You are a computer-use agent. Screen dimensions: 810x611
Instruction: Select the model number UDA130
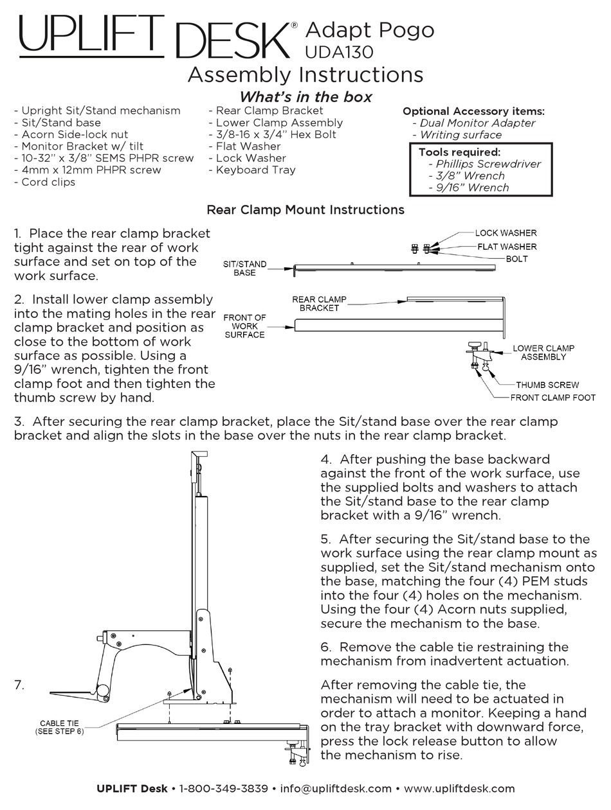pos(339,51)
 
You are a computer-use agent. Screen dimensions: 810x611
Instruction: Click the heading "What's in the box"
pos(305,97)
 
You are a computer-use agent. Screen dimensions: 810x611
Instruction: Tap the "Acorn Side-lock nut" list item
pos(75,134)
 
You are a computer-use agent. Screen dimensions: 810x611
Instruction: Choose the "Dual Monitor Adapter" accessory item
pos(477,123)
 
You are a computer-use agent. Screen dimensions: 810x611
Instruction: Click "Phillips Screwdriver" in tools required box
pos(488,164)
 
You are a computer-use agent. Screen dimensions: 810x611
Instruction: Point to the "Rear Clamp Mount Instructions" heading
pos(305,209)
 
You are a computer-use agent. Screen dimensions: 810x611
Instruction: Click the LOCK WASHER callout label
pos(506,233)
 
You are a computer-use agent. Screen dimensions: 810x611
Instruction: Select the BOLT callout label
pos(516,259)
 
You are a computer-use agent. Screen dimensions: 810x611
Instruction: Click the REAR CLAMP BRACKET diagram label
pos(319,303)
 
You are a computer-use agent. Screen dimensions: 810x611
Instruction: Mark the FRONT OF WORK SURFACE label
pos(244,326)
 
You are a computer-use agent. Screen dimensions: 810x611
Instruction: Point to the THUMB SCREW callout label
pos(547,385)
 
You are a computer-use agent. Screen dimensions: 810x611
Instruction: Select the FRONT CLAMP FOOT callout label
pos(552,398)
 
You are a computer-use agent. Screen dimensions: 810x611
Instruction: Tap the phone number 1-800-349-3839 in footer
pos(223,788)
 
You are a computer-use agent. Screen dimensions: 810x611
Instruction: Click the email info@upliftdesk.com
pos(336,788)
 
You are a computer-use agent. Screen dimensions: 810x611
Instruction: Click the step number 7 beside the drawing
pos(19,685)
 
